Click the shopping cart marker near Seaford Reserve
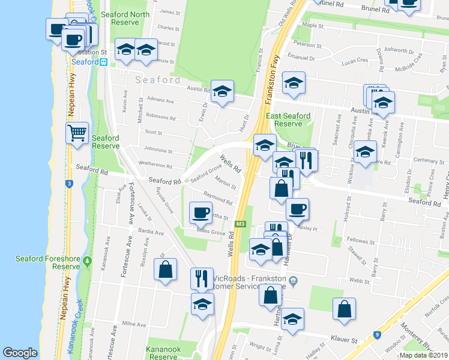pyautogui.click(x=78, y=133)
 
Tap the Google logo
pyautogui.click(x=20, y=353)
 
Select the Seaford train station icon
pyautogui.click(x=104, y=61)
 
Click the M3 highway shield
pyautogui.click(x=241, y=224)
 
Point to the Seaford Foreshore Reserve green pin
pyautogui.click(x=88, y=262)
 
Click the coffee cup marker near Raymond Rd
pyautogui.click(x=200, y=212)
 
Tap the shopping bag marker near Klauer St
pyautogui.click(x=345, y=309)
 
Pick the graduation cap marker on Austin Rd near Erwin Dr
pyautogui.click(x=222, y=92)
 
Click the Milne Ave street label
pyautogui.click(x=134, y=323)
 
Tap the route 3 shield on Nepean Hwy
pyautogui.click(x=70, y=184)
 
